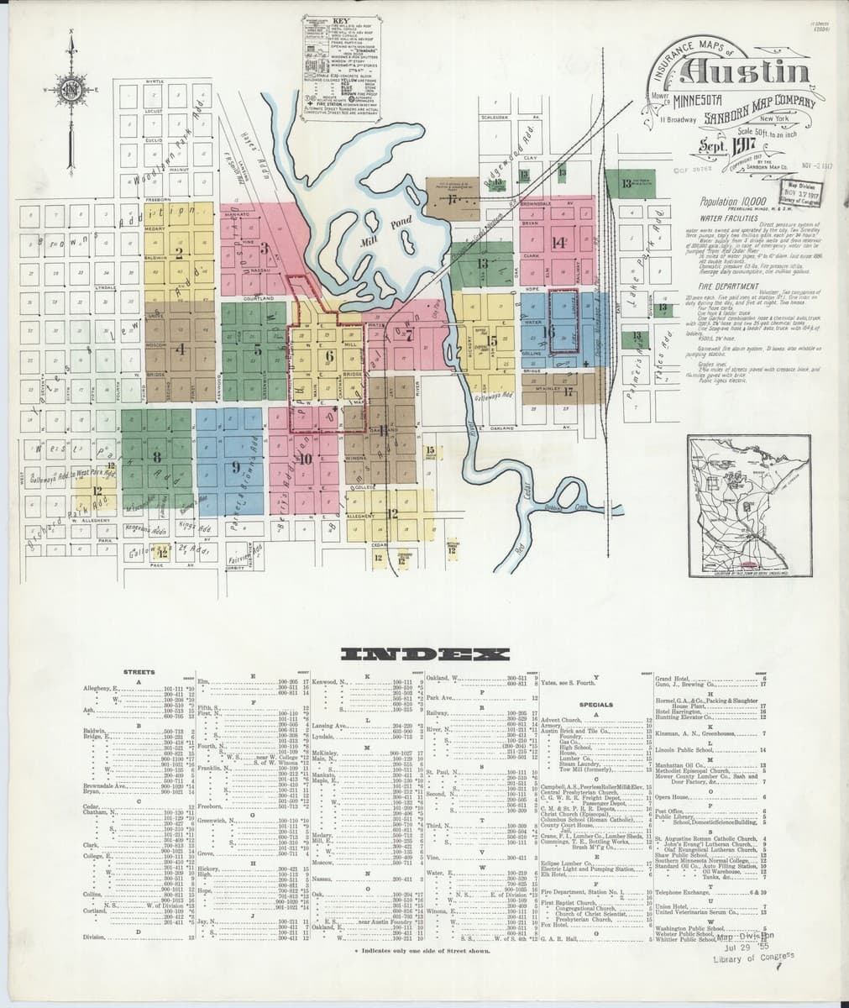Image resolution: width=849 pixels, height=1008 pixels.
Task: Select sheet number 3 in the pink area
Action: point(264,247)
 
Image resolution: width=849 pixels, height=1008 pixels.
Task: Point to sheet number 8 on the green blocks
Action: point(156,458)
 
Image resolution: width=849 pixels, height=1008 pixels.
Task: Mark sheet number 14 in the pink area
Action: point(558,244)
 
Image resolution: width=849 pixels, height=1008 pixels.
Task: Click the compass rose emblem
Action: point(73,87)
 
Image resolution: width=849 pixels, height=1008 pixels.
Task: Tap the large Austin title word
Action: point(747,74)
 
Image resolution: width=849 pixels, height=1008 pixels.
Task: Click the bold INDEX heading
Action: point(424,655)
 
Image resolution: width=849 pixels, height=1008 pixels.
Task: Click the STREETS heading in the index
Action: point(139,672)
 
